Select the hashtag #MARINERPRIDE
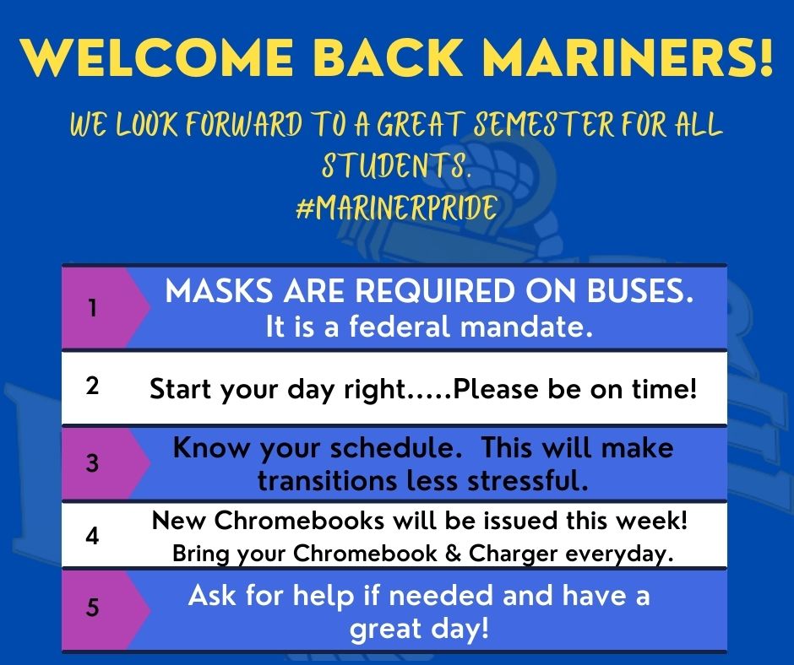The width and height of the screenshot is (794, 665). pos(396,208)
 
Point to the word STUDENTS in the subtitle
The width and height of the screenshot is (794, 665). pos(394,168)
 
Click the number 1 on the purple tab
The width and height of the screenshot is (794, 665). pos(92,308)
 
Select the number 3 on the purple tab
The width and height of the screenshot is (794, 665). pos(92,463)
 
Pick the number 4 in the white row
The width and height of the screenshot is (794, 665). pos(93,536)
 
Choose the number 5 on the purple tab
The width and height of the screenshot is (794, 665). pos(92,608)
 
